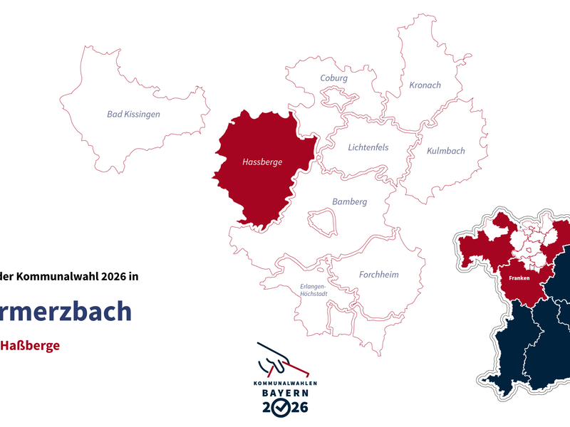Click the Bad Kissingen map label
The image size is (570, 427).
[133, 114]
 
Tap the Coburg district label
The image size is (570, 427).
[334, 78]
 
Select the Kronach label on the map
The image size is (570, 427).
[425, 85]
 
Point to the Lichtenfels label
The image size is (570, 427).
[368, 148]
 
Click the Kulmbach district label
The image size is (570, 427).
[445, 151]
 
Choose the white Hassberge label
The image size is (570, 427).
[262, 162]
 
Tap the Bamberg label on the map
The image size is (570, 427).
[349, 202]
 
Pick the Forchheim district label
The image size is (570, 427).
[378, 275]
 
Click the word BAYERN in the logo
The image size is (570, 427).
[284, 393]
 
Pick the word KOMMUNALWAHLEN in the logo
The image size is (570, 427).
[285, 383]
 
